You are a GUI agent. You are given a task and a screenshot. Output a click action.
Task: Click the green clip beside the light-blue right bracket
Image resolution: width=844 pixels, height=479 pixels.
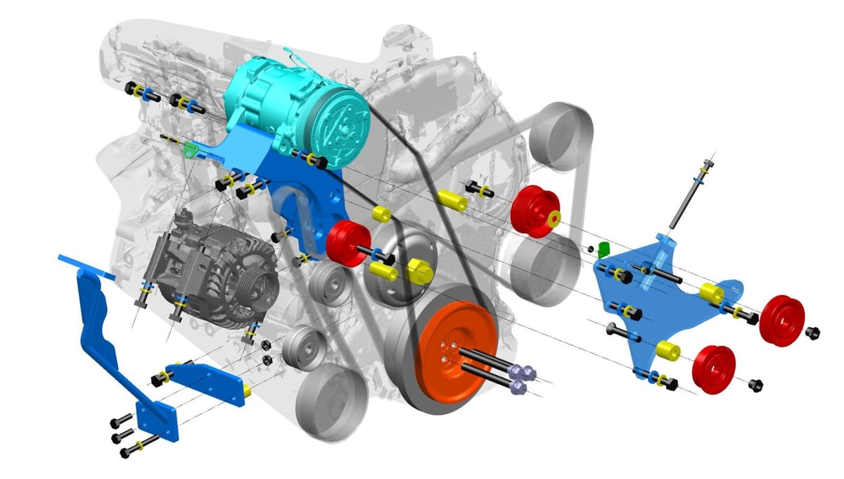tap(603, 249)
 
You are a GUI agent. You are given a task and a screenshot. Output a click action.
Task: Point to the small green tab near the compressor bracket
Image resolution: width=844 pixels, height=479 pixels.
tap(188, 149)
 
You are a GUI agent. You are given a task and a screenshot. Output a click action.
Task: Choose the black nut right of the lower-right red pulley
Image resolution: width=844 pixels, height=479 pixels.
tap(756, 385)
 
